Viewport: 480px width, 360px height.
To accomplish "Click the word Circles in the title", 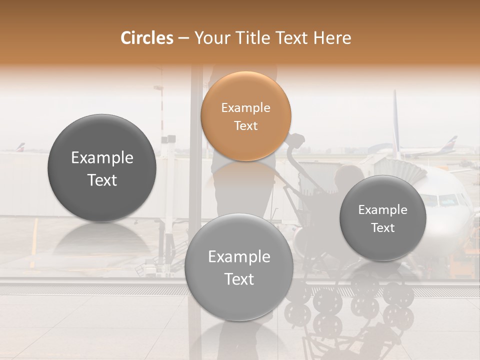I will (x=146, y=38).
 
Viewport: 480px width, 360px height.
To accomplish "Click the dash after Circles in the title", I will (x=183, y=38).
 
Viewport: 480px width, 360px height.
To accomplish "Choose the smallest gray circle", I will (x=382, y=218).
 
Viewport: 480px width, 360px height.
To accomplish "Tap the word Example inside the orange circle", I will (x=245, y=107).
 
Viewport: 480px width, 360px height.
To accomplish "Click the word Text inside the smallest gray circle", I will (x=382, y=228).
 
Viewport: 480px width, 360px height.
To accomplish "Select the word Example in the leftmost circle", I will (x=102, y=158).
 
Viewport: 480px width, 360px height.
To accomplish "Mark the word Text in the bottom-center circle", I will (x=238, y=279).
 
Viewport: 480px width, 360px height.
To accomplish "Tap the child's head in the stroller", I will (x=348, y=176).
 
